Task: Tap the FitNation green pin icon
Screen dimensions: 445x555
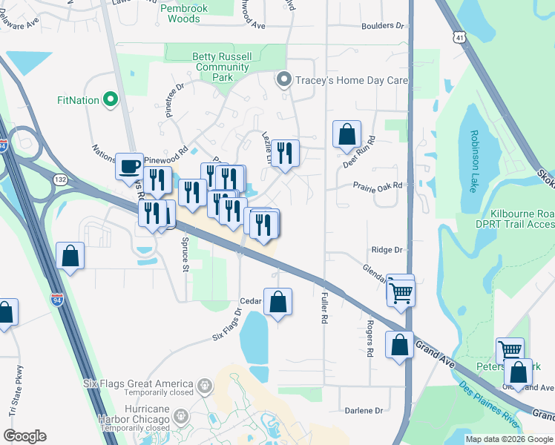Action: coord(111,99)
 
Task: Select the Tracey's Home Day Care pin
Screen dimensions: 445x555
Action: coord(283,80)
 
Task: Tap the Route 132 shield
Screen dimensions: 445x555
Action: coord(59,179)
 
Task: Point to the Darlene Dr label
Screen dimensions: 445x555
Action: coord(364,410)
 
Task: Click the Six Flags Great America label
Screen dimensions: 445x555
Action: coord(138,384)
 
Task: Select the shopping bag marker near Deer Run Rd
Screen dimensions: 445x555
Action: coord(347,135)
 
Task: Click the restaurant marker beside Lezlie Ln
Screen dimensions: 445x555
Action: coord(285,153)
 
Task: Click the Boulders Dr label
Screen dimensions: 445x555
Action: coord(383,25)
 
